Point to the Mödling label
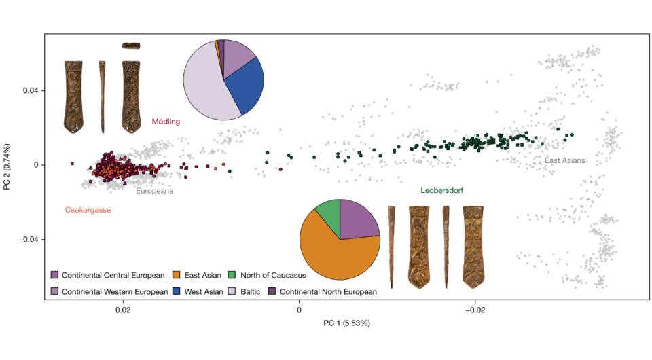[166, 122]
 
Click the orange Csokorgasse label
[88, 210]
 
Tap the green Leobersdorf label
[442, 191]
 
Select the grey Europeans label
[154, 191]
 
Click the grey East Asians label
[564, 160]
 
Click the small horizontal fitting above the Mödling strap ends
[131, 46]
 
